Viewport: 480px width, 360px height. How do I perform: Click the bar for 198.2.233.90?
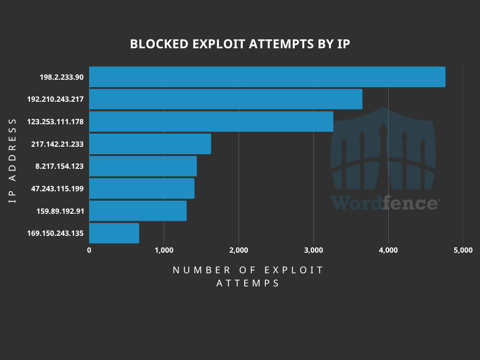coord(267,77)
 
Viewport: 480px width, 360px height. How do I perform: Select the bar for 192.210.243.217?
coord(225,99)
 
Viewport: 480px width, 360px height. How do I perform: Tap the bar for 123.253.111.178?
coord(211,121)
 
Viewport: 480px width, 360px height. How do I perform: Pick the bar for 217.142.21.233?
coord(150,144)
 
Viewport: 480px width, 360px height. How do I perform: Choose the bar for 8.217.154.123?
coord(143,166)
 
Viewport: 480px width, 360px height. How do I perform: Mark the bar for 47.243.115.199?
coord(142,188)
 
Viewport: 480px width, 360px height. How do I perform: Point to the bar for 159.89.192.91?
coord(138,211)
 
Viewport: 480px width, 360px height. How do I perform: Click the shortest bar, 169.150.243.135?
coord(114,233)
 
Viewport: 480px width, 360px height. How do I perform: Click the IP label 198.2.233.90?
coord(62,77)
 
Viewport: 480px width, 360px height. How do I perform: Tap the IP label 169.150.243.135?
coord(55,233)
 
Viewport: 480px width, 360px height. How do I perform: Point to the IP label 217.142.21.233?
coord(57,144)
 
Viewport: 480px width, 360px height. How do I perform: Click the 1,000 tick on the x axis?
coord(164,250)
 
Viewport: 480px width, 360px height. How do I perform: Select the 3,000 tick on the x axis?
coord(314,250)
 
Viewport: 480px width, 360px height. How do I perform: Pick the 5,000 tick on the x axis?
coord(463,250)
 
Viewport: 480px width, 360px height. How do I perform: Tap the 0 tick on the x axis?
coord(89,250)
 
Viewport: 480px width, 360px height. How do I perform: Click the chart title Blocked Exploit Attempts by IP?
coord(240,44)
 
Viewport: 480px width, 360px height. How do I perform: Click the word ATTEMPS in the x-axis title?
coord(248,284)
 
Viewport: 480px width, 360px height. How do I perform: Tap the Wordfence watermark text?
coord(384,203)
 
